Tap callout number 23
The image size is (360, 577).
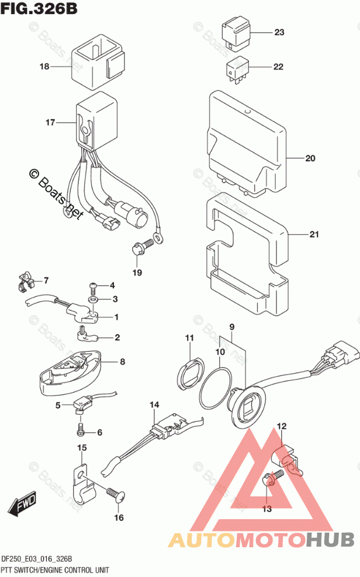click(279, 32)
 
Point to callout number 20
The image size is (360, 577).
click(310, 158)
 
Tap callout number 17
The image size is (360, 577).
click(50, 123)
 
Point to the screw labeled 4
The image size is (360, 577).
click(94, 287)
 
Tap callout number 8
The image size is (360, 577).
click(122, 362)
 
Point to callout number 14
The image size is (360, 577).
click(154, 404)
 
